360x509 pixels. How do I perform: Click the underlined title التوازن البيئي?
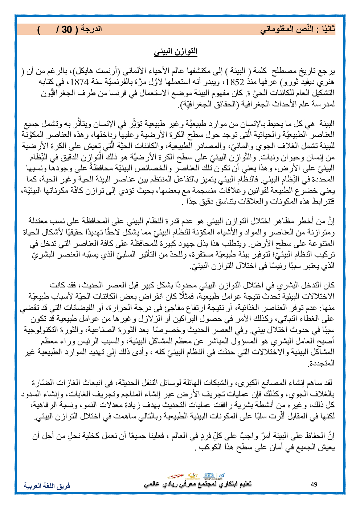(x=176, y=51)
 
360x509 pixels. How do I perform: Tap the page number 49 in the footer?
(x=314, y=485)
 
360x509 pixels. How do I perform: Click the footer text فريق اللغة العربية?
(x=47, y=485)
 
